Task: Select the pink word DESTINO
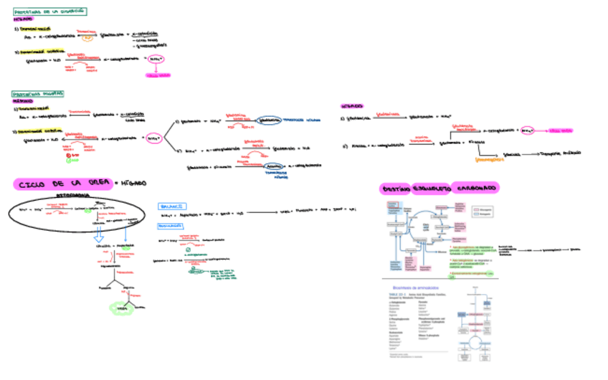tap(396, 188)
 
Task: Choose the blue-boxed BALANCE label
tap(173, 206)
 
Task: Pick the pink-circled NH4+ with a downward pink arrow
tap(157, 60)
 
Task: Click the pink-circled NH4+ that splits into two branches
tap(153, 138)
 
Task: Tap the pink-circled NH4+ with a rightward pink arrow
tap(528, 130)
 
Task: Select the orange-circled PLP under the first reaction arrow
tap(86, 38)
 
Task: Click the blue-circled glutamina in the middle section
tap(267, 121)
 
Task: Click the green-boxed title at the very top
tap(50, 11)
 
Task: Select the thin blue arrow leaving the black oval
tap(126, 237)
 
